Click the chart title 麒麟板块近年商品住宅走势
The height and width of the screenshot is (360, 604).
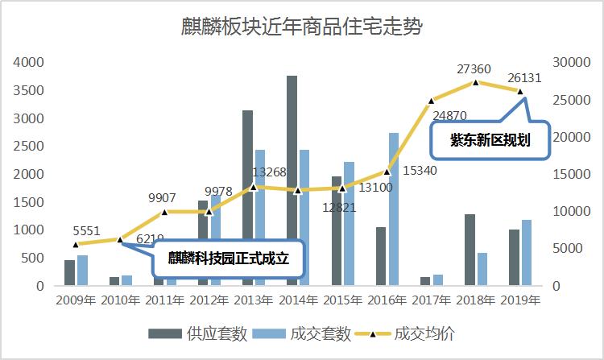pyautogui.click(x=302, y=27)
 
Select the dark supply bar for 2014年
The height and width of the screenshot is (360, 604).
pyautogui.click(x=292, y=180)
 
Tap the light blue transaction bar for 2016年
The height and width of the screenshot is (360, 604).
pyautogui.click(x=393, y=209)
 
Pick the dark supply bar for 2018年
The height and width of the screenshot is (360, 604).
pyautogui.click(x=470, y=250)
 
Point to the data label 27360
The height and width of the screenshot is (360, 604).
pyautogui.click(x=477, y=69)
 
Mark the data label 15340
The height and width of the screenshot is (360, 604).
pyautogui.click(x=420, y=171)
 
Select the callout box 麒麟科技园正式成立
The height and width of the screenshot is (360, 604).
pyautogui.click(x=228, y=259)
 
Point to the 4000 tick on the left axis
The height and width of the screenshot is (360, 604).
pyautogui.click(x=29, y=62)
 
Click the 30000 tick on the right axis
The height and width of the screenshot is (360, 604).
pyautogui.click(x=567, y=62)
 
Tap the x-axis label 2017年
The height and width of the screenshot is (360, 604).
pyautogui.click(x=432, y=300)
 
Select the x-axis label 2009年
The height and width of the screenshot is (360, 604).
pyautogui.click(x=75, y=300)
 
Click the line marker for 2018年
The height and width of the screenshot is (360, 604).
pyautogui.click(x=476, y=82)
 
